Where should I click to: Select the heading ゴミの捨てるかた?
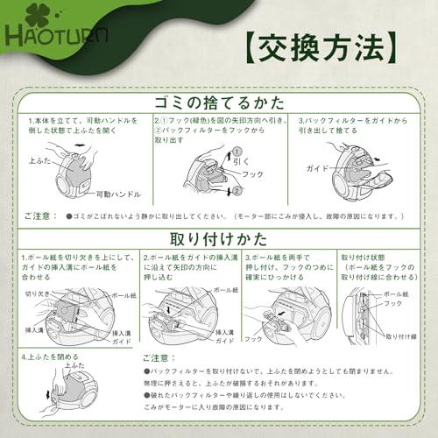click(219, 97)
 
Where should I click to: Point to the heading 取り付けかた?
click(219, 238)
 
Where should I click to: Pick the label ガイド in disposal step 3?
click(316, 166)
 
